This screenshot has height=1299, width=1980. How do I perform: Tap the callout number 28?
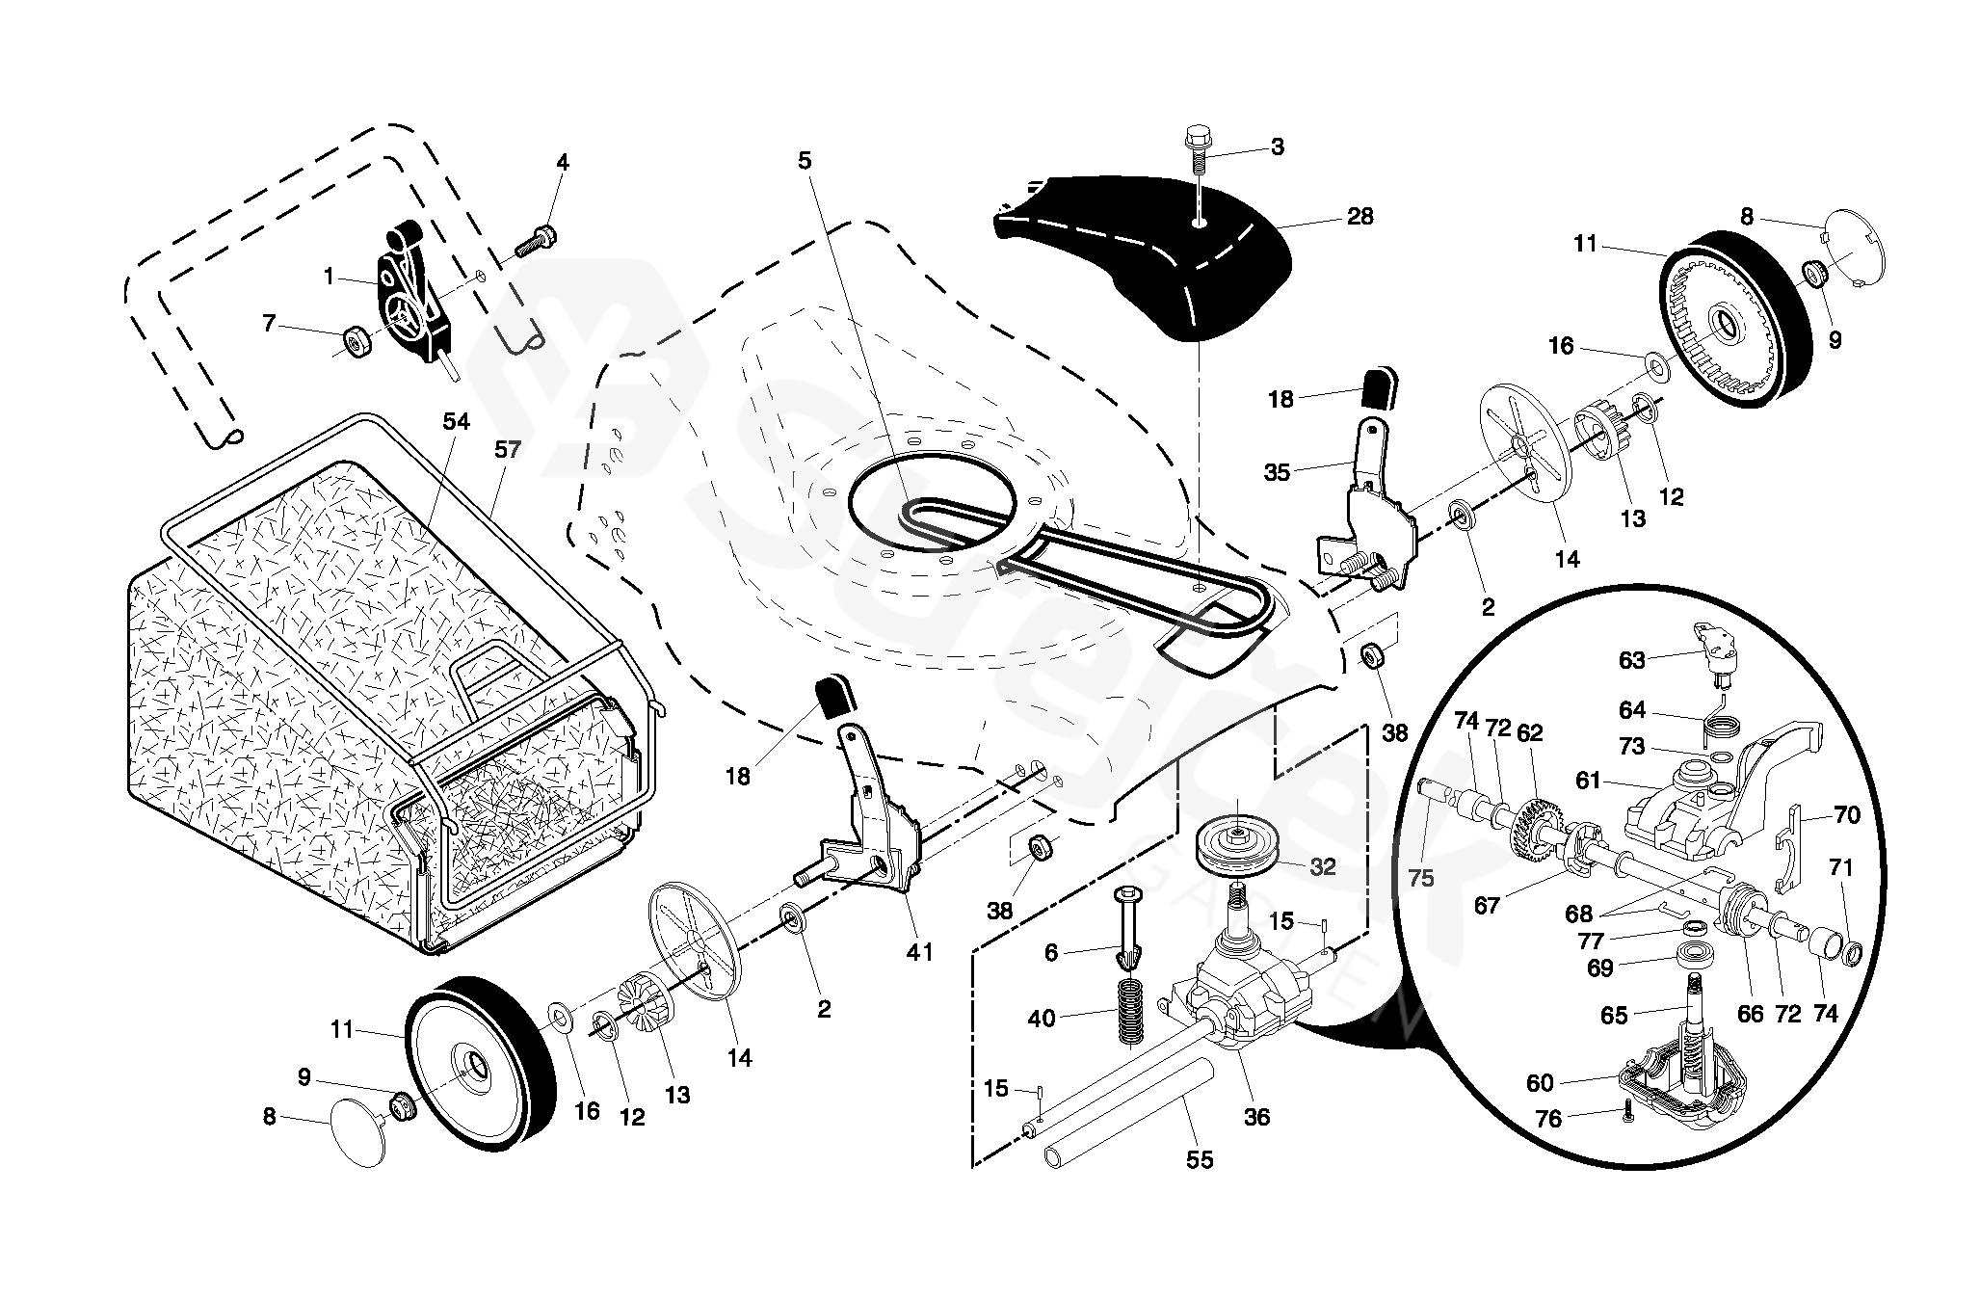pyautogui.click(x=1360, y=217)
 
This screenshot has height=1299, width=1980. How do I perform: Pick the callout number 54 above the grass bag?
pyautogui.click(x=456, y=422)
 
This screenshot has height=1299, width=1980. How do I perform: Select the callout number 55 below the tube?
pyautogui.click(x=1200, y=1160)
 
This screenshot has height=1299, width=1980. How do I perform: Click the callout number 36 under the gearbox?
pyautogui.click(x=1256, y=1117)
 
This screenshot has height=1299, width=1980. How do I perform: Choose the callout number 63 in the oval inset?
pyautogui.click(x=1632, y=659)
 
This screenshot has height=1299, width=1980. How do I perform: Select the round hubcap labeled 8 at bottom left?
pyautogui.click(x=356, y=1135)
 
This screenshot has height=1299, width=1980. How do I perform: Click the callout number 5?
pyautogui.click(x=805, y=161)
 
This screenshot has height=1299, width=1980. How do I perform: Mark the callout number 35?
pyautogui.click(x=1277, y=472)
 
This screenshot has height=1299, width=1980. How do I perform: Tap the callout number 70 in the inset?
pyautogui.click(x=1846, y=815)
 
